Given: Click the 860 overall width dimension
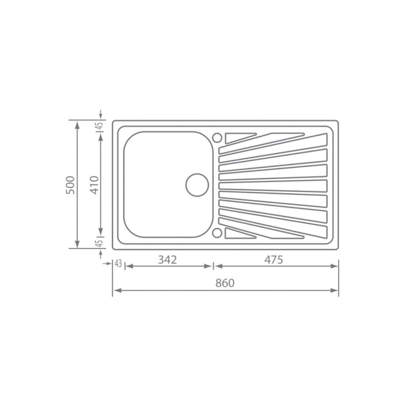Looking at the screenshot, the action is [225, 283].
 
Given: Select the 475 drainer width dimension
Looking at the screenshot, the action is [274, 260].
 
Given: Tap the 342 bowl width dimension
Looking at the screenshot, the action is [168, 260].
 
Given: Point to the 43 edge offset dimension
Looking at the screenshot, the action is [118, 264].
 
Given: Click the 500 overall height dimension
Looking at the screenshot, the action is [71, 185].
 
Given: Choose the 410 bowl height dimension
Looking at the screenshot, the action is [94, 185].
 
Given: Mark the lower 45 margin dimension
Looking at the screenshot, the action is [100, 243].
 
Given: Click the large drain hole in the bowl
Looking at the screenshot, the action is [197, 185].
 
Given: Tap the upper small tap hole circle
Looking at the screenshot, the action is [217, 138].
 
